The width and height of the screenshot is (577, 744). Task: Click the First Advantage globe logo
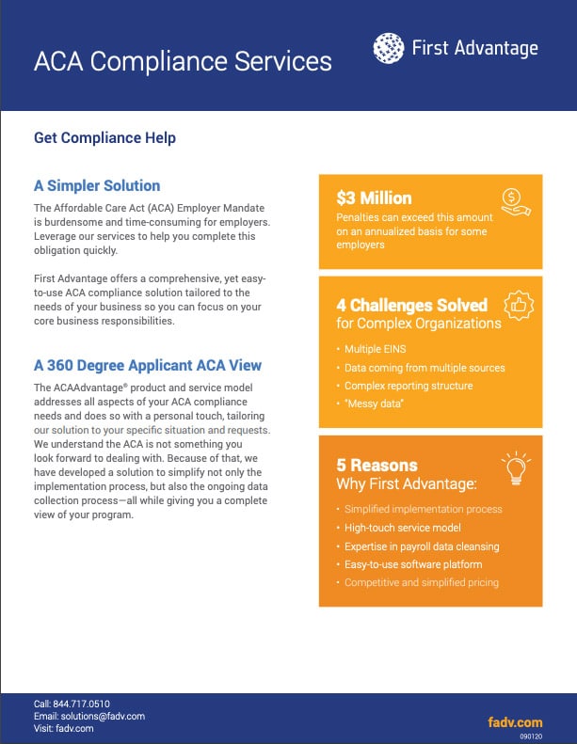click(389, 48)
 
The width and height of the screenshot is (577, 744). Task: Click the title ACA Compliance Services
click(183, 61)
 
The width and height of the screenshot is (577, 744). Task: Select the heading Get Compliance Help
click(104, 137)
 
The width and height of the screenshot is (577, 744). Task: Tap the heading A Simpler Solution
click(97, 186)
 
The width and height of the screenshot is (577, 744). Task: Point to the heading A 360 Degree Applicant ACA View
click(148, 365)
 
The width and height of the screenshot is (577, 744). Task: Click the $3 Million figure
click(374, 198)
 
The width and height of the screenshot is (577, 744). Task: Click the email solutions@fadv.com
click(96, 716)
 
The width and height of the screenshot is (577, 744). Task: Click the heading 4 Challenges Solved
click(411, 305)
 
